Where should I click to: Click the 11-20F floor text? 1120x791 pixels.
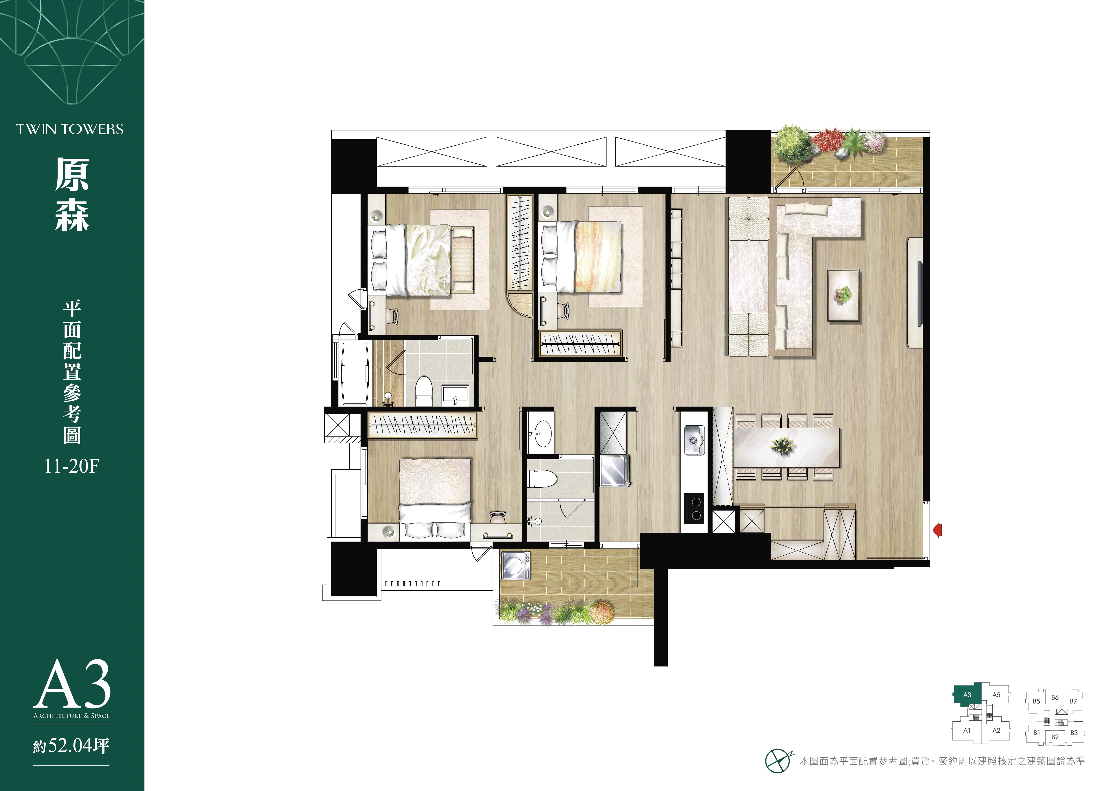tap(72, 467)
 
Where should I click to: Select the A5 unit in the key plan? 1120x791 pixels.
tap(996, 695)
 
